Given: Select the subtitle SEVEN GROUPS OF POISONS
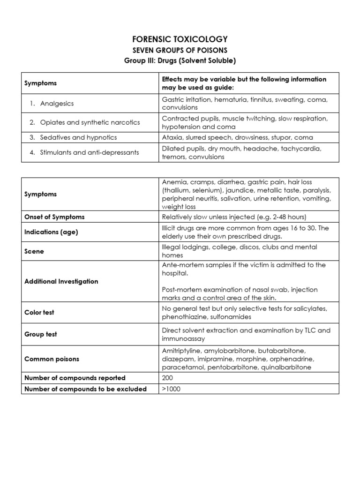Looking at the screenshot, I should [180, 50].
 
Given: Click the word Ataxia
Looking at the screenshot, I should [172, 137].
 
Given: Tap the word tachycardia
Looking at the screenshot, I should [305, 148].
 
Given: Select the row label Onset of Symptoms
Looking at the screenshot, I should [54, 217].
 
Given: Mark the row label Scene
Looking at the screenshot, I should [34, 251].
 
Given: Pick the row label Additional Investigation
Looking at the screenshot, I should [61, 281].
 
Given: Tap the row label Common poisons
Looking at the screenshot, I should [52, 359].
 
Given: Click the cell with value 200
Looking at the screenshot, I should [168, 377].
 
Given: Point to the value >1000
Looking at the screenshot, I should [171, 389].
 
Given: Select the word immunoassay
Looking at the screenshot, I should [184, 338].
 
